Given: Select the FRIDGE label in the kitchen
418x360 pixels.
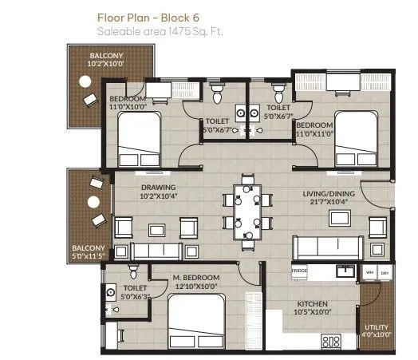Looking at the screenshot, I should pos(299,271).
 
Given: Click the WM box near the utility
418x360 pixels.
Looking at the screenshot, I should pos(369,272).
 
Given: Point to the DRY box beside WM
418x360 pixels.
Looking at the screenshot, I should pos(385,272).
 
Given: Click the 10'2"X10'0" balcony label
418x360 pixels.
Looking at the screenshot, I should pos(107,57).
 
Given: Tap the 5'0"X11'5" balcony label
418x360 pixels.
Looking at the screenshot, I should pos(89,252).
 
